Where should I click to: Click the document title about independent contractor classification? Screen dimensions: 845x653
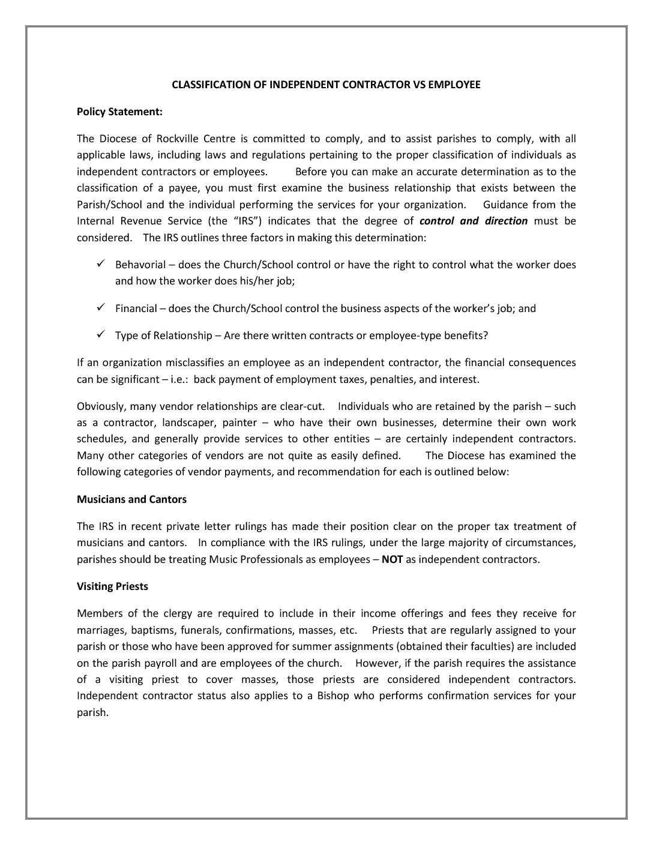point(326,85)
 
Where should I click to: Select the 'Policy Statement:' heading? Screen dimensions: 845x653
point(119,112)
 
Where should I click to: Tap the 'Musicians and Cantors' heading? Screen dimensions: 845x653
point(131,499)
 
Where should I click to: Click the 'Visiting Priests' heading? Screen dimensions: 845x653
point(112,586)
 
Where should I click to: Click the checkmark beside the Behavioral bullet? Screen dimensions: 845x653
point(101,264)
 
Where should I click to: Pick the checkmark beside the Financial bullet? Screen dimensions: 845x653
point(101,308)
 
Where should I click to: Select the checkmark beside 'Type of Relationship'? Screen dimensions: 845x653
point(101,334)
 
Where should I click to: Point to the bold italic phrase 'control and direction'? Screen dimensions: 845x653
point(473,221)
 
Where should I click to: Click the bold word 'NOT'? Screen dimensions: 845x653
point(392,559)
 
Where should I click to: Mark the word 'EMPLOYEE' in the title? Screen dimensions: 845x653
point(454,85)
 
